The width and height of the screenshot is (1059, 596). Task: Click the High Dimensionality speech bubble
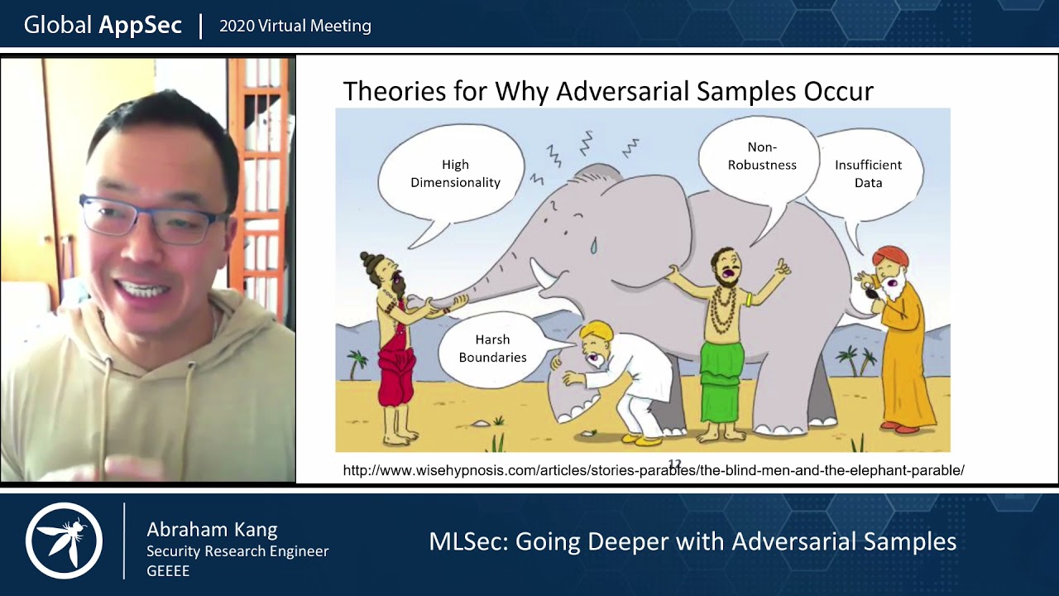(x=454, y=173)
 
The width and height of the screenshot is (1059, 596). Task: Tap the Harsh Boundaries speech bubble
(x=492, y=348)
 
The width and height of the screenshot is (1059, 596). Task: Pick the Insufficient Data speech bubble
(x=867, y=173)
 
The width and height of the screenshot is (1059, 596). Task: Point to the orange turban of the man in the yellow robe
(x=889, y=257)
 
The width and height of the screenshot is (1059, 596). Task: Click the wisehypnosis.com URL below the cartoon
(x=653, y=470)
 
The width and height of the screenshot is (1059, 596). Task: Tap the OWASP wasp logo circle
(x=64, y=541)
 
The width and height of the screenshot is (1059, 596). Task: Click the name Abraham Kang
(x=212, y=530)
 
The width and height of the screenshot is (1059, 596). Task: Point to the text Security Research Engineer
(x=237, y=551)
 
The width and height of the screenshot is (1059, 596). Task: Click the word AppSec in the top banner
(x=140, y=25)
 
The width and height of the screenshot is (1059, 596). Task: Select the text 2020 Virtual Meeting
(x=295, y=26)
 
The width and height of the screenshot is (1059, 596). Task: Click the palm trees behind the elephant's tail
(x=855, y=359)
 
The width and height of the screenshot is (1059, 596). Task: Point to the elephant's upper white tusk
(x=542, y=272)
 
